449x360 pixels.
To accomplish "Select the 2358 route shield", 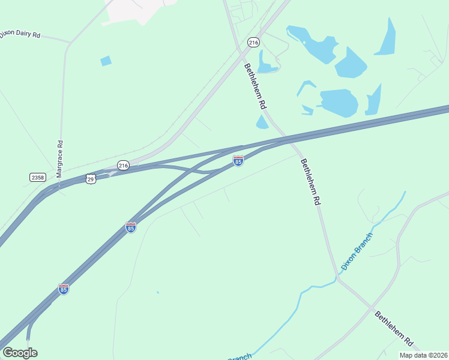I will (x=37, y=177).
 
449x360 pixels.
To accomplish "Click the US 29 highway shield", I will (x=90, y=179).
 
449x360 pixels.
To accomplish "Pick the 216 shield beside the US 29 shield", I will (x=123, y=165).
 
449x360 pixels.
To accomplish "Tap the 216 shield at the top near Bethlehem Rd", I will (x=253, y=42).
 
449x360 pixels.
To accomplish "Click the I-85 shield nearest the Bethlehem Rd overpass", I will (x=238, y=161).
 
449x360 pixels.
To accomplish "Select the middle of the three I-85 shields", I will (x=131, y=227).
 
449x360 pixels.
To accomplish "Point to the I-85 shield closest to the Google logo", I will (x=64, y=289).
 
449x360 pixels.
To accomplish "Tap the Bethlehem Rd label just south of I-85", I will (x=310, y=182).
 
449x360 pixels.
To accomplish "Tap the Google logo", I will (x=20, y=353).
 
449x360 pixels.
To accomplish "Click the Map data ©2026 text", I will (x=423, y=355).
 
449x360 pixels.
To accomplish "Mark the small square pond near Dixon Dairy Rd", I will (x=106, y=61).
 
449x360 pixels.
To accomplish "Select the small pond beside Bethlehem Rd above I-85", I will (x=262, y=122).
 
